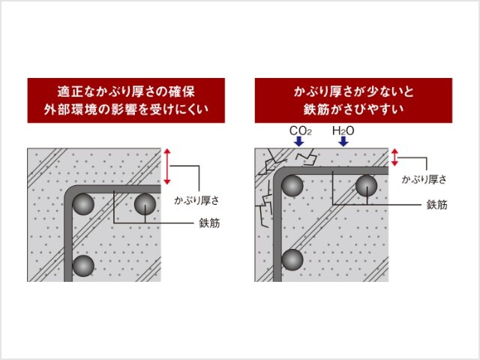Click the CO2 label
pos(300,130)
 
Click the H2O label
pos(343,130)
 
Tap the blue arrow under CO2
pos(298,142)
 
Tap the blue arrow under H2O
pos(343,142)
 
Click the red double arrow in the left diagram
pos(166,166)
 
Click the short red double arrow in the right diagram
pos(394,157)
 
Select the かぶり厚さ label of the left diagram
pos(196,200)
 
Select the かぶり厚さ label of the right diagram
pos(424,179)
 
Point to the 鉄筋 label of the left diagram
pos(209,223)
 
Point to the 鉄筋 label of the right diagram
pos(436,205)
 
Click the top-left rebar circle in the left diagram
pos(83,204)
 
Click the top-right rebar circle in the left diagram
pos(145,204)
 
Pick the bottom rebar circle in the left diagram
pos(83,265)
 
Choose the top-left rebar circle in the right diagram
pos(292,185)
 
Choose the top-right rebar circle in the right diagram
pos(367,185)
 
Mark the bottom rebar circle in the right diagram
pos(292,259)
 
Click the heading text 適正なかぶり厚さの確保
pos(126,91)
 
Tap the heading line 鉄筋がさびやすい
pos(353,109)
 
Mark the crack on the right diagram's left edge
pos(264,203)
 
